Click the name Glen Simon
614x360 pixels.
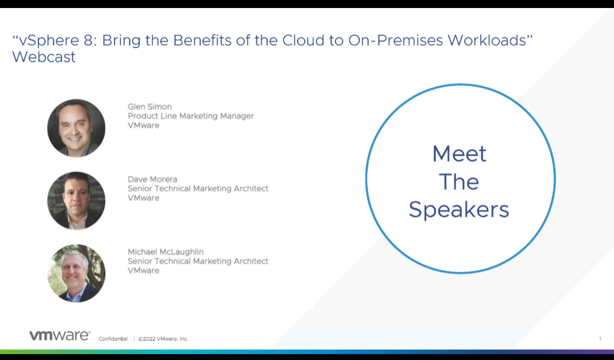149,106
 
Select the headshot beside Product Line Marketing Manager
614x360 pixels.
77,128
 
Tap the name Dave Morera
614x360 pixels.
153,179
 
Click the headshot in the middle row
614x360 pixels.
77,201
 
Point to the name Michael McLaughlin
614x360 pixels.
165,251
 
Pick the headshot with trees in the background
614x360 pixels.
77,273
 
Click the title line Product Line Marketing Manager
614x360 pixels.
191,116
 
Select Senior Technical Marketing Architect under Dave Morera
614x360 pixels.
198,189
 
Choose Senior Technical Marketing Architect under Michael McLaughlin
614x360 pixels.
198,261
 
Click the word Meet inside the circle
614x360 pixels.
459,154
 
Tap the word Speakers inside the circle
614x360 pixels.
459,210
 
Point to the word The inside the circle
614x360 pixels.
459,181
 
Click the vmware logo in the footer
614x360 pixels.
59,335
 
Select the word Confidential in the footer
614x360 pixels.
113,339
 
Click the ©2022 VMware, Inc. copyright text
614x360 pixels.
163,339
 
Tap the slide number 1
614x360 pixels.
600,339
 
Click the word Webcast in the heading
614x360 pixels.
44,57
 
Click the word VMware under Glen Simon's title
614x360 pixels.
143,125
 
